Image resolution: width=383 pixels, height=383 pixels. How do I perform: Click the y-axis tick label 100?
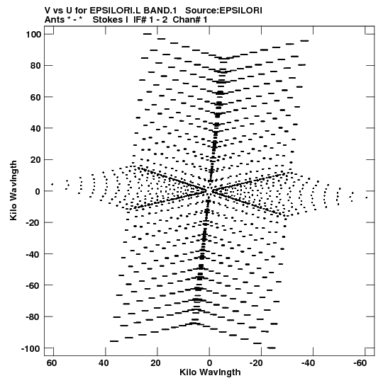point(33,35)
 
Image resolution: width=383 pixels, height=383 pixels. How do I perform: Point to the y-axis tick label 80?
point(35,66)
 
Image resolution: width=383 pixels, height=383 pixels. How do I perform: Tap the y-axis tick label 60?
point(35,97)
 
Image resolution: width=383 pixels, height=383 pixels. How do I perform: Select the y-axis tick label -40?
point(33,254)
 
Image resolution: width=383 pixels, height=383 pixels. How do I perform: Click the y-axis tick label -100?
point(31,348)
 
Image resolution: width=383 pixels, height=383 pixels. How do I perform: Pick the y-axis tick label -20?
point(33,223)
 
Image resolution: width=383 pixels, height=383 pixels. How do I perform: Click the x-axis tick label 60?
point(52,363)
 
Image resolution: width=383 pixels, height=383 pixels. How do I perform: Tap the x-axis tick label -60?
point(360,363)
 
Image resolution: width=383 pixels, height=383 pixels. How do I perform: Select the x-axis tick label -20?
point(256,363)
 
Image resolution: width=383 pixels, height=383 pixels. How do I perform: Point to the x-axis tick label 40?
point(104,363)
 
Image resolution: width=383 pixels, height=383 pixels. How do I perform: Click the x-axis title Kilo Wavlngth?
point(210,372)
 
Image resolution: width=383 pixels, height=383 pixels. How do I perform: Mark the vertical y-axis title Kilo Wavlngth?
point(13,190)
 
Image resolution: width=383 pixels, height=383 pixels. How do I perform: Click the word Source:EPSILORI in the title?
point(223,11)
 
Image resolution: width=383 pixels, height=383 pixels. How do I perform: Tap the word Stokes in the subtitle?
point(108,20)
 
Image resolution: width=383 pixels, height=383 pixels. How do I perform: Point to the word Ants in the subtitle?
point(54,20)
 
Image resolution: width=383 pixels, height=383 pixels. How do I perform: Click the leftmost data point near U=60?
point(52,184)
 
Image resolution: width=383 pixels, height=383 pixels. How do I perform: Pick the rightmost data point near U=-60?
point(367,198)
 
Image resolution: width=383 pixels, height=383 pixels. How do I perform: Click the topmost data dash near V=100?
point(148,34)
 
